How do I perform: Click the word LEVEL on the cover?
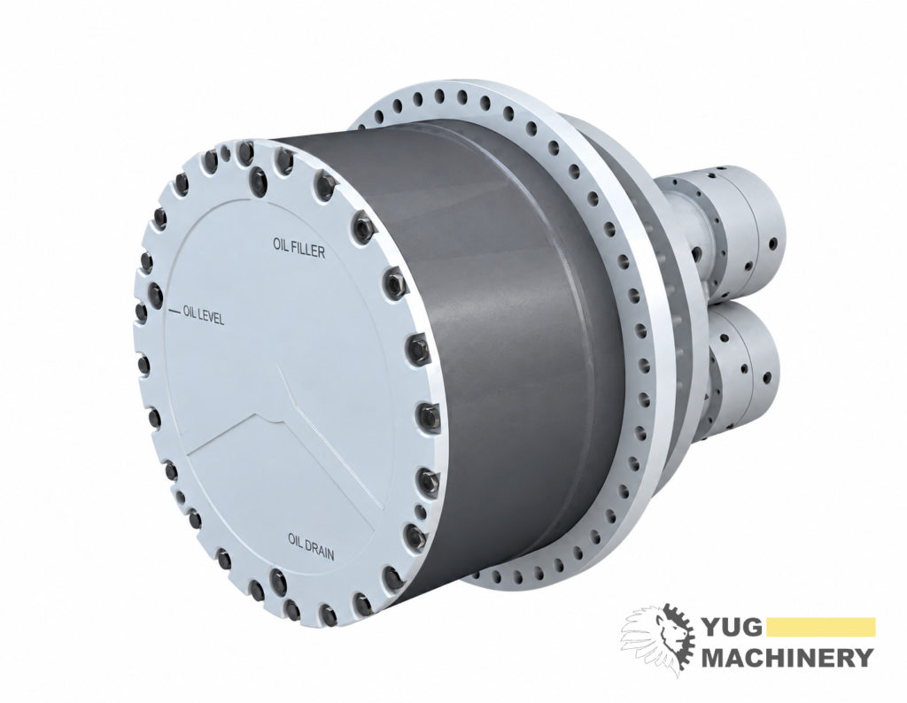click(x=211, y=317)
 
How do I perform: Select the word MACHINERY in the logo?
click(x=787, y=657)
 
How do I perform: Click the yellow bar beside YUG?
click(x=822, y=627)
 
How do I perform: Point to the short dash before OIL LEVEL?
click(x=174, y=312)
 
